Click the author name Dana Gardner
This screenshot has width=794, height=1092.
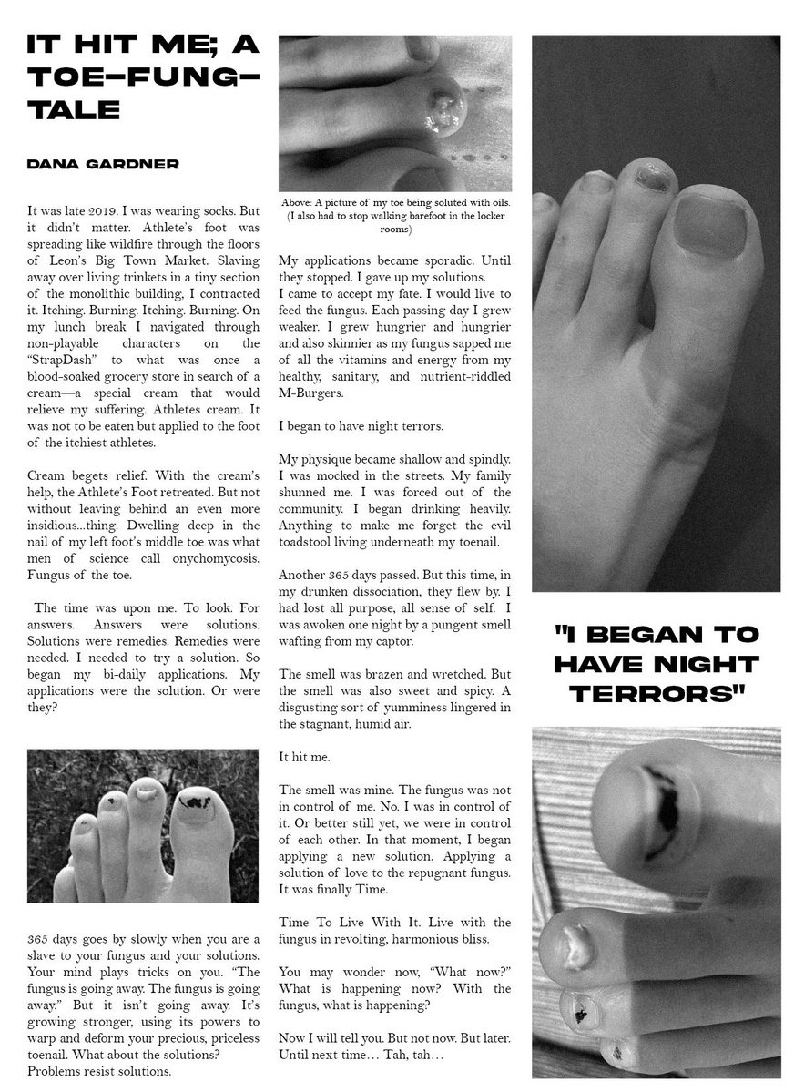103,164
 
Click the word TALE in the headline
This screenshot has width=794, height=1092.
74,111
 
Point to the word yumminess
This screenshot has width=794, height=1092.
397,708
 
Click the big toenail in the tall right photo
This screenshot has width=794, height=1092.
708,225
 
